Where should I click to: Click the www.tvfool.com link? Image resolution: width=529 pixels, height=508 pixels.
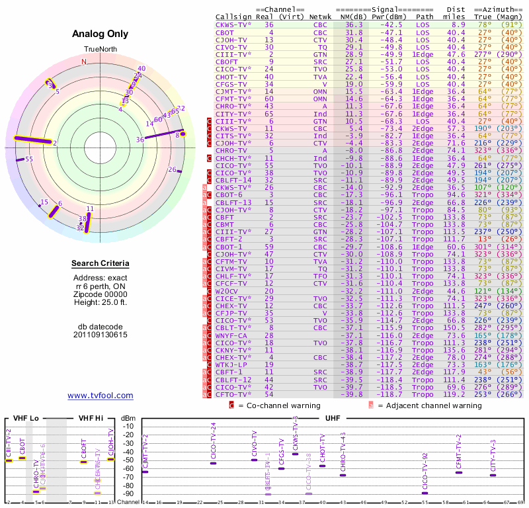pyautogui.click(x=100, y=396)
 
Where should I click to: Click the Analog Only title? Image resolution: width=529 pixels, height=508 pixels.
pyautogui.click(x=100, y=34)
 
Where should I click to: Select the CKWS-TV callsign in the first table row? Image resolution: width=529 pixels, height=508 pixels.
pyautogui.click(x=232, y=24)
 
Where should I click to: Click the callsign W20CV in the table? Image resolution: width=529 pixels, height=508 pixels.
pyautogui.click(x=228, y=290)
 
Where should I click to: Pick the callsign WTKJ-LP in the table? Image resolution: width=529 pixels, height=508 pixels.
pyautogui.click(x=232, y=364)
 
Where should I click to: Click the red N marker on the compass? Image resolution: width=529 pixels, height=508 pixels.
pyautogui.click(x=84, y=62)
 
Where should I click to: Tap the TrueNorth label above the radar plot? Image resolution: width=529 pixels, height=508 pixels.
pyautogui.click(x=100, y=49)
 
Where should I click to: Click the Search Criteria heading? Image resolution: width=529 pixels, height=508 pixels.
pyautogui.click(x=100, y=264)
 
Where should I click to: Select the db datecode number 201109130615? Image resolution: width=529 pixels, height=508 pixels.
pyautogui.click(x=100, y=335)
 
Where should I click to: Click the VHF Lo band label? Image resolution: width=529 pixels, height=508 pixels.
pyautogui.click(x=24, y=419)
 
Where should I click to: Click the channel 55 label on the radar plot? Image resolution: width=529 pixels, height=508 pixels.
pyautogui.click(x=29, y=159)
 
